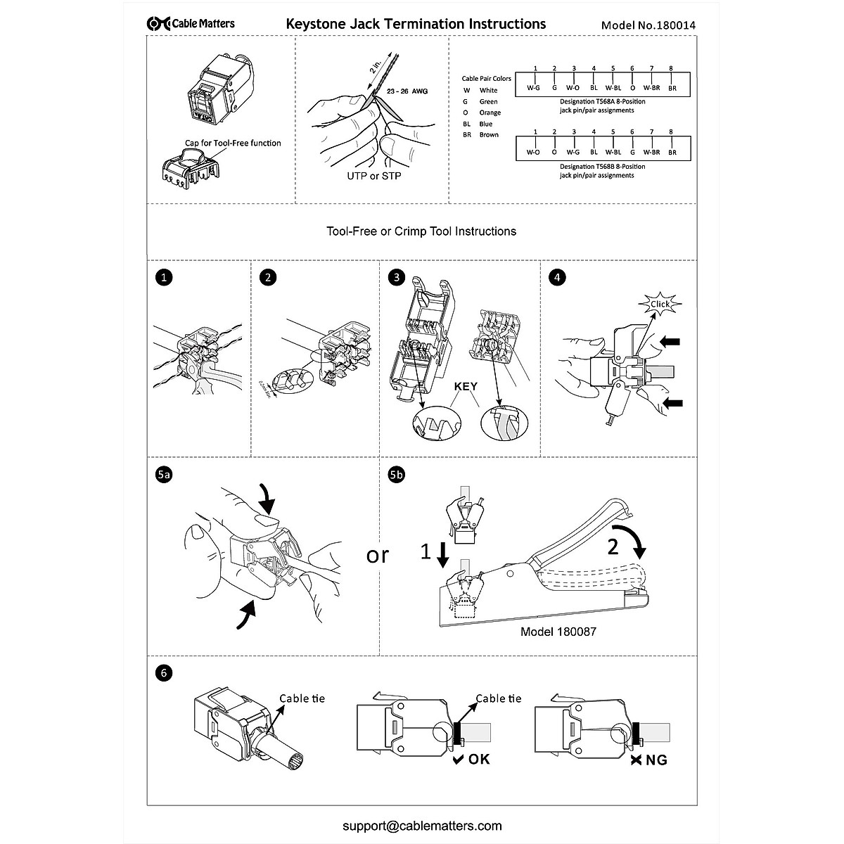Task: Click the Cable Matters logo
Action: click(x=191, y=24)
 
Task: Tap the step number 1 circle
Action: click(x=165, y=278)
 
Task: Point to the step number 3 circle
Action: click(x=397, y=278)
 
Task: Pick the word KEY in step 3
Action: click(x=466, y=387)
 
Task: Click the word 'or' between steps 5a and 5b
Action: click(x=378, y=555)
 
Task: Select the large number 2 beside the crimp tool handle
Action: click(x=613, y=547)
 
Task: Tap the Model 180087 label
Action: click(x=558, y=632)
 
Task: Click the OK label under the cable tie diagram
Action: click(x=472, y=759)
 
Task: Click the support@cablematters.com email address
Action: click(x=422, y=826)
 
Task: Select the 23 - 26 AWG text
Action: click(x=407, y=92)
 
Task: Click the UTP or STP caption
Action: click(x=374, y=175)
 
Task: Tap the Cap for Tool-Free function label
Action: click(x=233, y=143)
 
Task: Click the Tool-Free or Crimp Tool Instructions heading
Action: click(x=422, y=231)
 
